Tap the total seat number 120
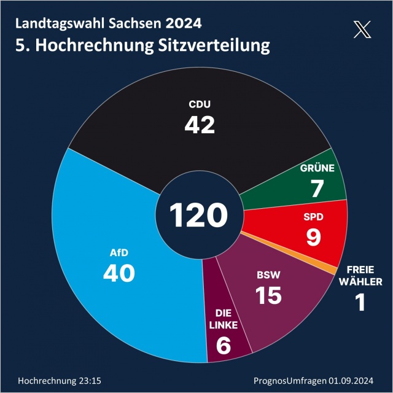coord(199,216)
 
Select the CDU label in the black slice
coord(199,104)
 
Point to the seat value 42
coord(200,125)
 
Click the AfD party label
coord(119,252)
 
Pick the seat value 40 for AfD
coord(119,273)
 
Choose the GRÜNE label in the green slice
coord(317,168)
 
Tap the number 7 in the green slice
coord(317,189)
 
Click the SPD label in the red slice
coord(313,217)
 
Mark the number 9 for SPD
coord(313,237)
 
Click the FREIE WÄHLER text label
coord(361,276)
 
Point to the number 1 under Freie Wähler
coord(361,302)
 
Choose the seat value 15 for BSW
coord(268,295)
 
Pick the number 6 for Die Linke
coord(224,346)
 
